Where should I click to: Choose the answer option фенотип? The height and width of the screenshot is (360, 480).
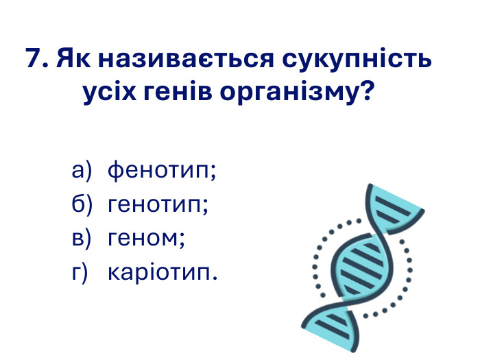(162, 171)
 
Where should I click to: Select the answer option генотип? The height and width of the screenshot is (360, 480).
(158, 204)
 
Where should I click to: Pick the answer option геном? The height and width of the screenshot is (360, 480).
(147, 238)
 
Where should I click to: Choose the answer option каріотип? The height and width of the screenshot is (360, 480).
(163, 273)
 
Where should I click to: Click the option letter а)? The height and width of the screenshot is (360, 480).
(82, 171)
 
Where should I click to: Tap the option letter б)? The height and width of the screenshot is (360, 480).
(82, 204)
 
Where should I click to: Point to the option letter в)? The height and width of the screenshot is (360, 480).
(82, 238)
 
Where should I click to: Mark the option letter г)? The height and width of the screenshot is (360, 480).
(80, 273)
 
